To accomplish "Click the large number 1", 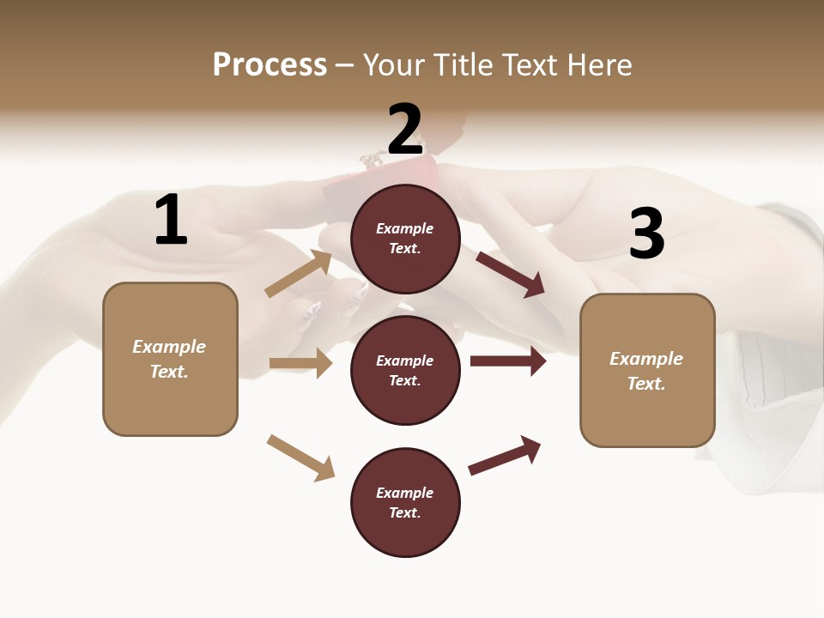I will [x=171, y=221].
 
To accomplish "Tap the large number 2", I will [x=405, y=130].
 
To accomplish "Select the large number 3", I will [x=646, y=234].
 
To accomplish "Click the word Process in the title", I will [x=270, y=65].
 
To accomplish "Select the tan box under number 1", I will [x=170, y=359].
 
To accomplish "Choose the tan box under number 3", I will [x=647, y=370].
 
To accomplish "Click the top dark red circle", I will [x=405, y=239].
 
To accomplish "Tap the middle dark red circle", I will [x=405, y=370].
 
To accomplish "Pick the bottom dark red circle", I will [x=405, y=502].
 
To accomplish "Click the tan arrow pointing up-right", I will [x=300, y=274].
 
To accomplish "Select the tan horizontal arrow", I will [x=301, y=364].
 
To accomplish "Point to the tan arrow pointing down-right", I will [x=301, y=457].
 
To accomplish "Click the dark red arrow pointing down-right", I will [x=511, y=274].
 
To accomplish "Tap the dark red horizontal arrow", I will [x=508, y=361].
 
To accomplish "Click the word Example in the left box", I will [x=169, y=347].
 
